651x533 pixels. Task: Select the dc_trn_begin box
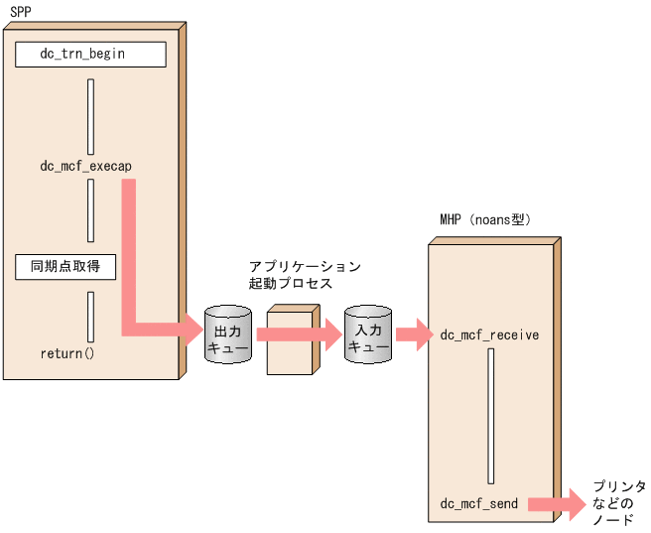point(90,54)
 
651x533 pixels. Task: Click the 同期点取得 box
point(65,266)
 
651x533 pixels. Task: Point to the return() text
point(66,352)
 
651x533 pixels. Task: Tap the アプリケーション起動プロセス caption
point(305,276)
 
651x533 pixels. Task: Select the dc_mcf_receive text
point(489,335)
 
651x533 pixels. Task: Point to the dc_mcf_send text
point(479,504)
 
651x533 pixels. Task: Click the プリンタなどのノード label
point(618,503)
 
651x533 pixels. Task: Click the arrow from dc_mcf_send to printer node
point(556,504)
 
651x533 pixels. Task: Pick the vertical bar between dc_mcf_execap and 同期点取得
point(90,210)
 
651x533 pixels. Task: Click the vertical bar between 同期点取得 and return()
point(90,317)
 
